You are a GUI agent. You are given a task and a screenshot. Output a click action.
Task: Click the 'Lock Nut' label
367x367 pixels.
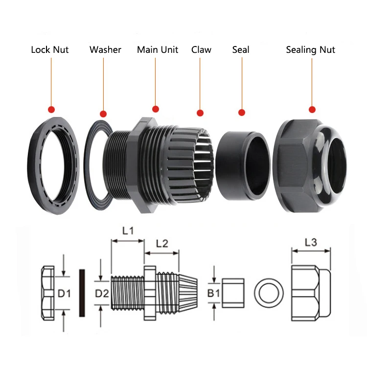click(x=49, y=50)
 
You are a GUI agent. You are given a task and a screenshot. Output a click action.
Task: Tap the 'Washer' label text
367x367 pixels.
click(x=105, y=50)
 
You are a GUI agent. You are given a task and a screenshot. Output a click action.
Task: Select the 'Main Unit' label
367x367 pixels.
click(x=158, y=50)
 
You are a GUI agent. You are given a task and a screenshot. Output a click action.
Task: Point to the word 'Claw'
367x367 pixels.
click(x=201, y=50)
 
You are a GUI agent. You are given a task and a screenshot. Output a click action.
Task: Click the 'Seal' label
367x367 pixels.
click(x=240, y=50)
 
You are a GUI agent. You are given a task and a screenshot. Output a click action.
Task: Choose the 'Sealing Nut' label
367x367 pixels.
click(x=311, y=50)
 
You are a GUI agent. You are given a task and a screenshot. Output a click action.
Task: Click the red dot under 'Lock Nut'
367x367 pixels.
click(x=51, y=109)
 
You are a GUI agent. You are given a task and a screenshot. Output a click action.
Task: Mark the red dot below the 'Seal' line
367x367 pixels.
click(x=241, y=113)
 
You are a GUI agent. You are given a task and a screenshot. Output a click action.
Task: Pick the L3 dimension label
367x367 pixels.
click(x=311, y=242)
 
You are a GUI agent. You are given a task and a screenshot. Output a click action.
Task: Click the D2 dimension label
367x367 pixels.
click(x=101, y=294)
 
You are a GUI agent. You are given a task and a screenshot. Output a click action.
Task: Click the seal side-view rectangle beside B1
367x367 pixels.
click(x=233, y=293)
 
